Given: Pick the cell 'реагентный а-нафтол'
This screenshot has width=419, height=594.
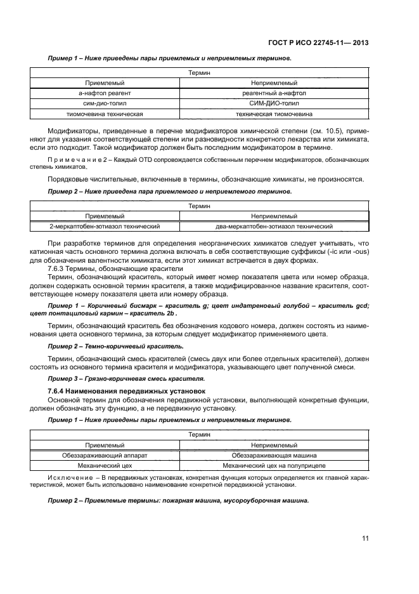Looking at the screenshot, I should click(x=274, y=93).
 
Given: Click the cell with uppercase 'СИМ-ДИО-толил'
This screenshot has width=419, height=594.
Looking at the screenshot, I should click(x=274, y=103).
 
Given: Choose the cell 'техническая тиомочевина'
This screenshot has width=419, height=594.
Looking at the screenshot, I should click(x=274, y=114).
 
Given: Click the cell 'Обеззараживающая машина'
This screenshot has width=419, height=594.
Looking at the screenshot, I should click(x=274, y=455).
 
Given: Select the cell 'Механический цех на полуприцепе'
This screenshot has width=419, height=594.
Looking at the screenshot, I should click(x=274, y=465).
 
